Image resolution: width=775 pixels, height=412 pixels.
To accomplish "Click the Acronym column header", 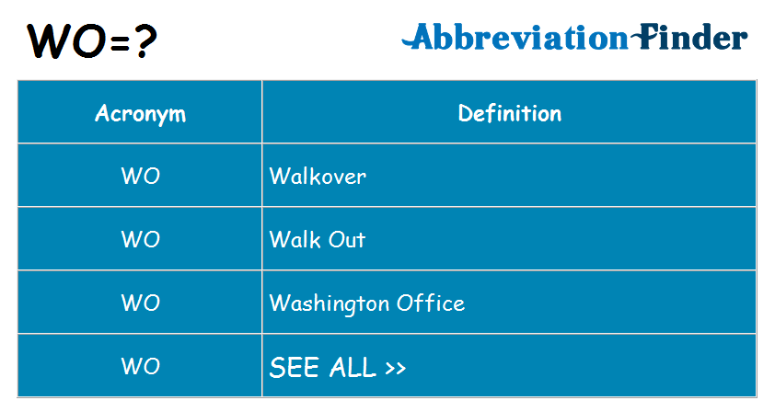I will tap(140, 114).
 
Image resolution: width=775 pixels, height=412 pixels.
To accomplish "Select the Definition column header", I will tap(509, 114).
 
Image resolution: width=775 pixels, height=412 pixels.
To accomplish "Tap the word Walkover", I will tap(318, 177).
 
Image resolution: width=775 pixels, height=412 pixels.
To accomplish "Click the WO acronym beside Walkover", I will tap(140, 177).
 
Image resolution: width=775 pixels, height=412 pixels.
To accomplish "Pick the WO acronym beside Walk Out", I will tap(140, 240).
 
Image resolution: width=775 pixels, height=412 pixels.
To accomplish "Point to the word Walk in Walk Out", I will tap(293, 240).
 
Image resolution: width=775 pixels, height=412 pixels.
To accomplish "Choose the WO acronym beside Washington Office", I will tap(140, 303).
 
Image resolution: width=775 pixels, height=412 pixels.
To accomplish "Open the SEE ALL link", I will tap(337, 368).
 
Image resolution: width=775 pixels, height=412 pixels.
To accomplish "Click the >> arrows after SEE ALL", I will tap(395, 369).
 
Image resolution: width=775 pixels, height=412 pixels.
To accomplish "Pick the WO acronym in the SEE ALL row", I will tap(140, 367).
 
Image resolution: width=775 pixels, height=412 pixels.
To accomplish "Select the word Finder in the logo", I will tap(691, 39).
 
